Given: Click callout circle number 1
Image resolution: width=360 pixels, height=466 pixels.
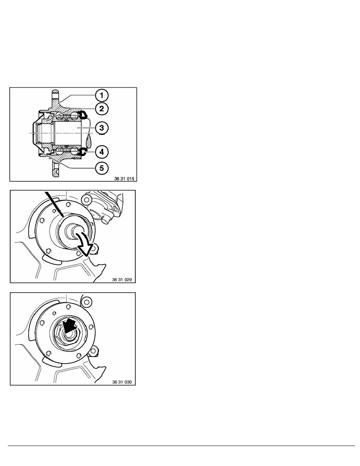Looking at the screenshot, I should pyautogui.click(x=102, y=95).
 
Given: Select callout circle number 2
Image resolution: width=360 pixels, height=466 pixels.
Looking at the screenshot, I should pyautogui.click(x=102, y=109).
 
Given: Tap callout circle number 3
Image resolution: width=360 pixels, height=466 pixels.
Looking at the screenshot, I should pyautogui.click(x=102, y=127).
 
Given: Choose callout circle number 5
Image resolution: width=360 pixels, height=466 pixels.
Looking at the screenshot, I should pyautogui.click(x=102, y=168).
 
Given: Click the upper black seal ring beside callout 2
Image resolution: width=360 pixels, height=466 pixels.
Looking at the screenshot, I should pyautogui.click(x=83, y=115).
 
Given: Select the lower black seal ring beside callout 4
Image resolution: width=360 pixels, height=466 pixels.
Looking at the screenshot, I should pyautogui.click(x=83, y=151).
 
